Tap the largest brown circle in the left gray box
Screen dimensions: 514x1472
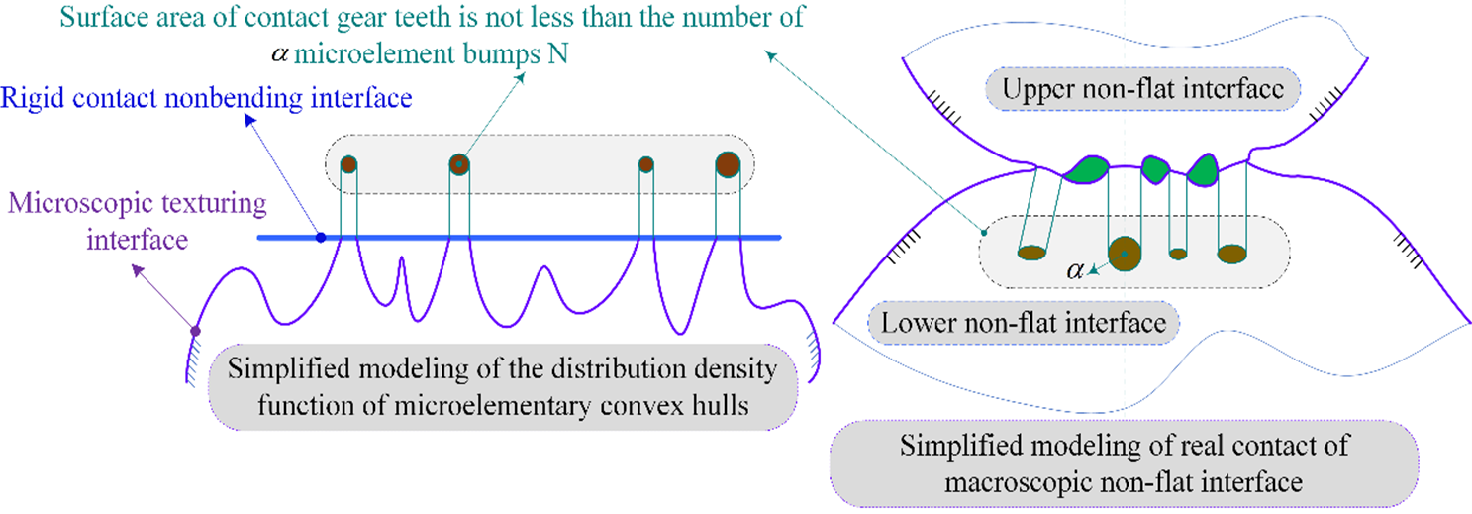click(x=728, y=164)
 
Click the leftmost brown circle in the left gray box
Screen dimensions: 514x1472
click(x=348, y=164)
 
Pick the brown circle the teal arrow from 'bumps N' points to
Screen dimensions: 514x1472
click(x=458, y=164)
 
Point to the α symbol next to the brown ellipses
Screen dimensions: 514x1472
click(x=1075, y=268)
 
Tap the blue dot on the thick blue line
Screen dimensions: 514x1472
click(x=320, y=238)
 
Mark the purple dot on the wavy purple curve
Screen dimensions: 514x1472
click(x=196, y=331)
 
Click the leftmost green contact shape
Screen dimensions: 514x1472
click(x=1086, y=170)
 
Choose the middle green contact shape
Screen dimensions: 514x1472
click(x=1155, y=168)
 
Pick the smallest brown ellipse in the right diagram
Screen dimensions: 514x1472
click(x=1178, y=254)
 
